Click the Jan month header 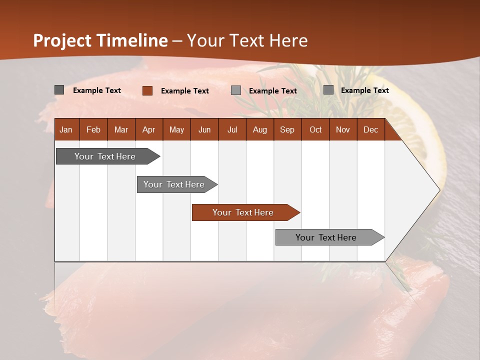(x=66, y=129)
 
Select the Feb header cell (x=93, y=129)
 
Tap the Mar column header (x=121, y=129)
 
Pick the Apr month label (x=149, y=129)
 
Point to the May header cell (x=176, y=129)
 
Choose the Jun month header (x=204, y=129)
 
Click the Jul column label (x=232, y=129)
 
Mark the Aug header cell (x=260, y=129)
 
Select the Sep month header (x=287, y=129)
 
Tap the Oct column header (x=315, y=129)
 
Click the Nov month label (x=343, y=129)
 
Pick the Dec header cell (x=370, y=129)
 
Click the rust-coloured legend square (x=147, y=90)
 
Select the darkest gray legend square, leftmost (x=59, y=90)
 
